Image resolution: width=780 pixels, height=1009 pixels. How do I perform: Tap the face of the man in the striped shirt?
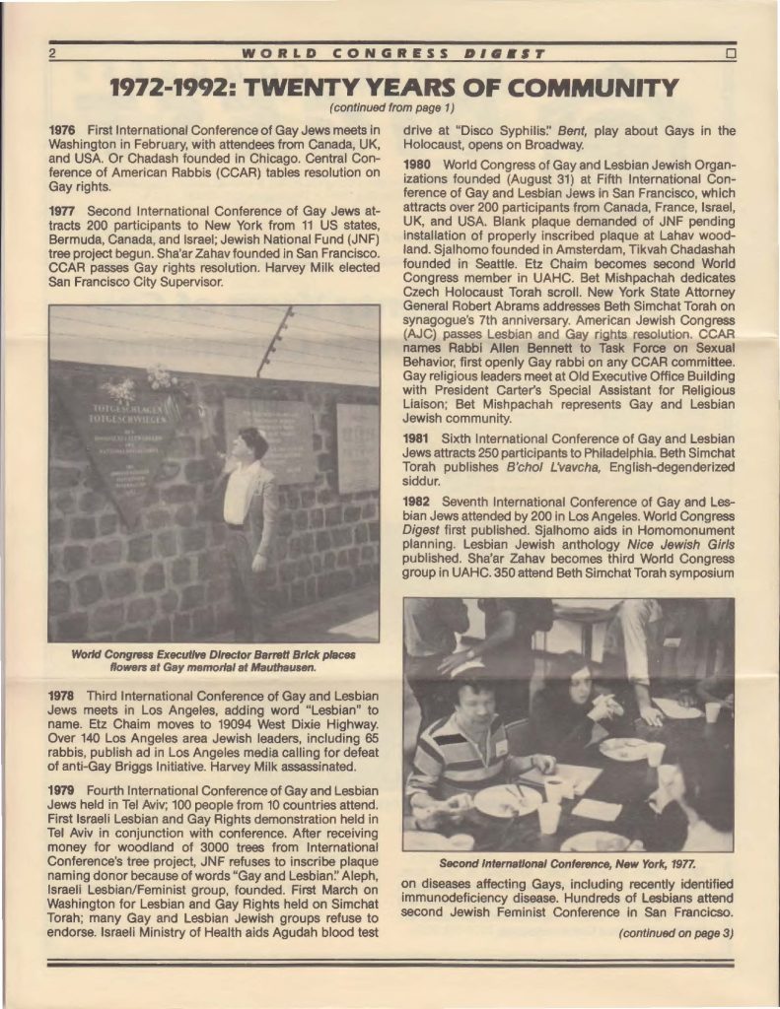tap(473, 700)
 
